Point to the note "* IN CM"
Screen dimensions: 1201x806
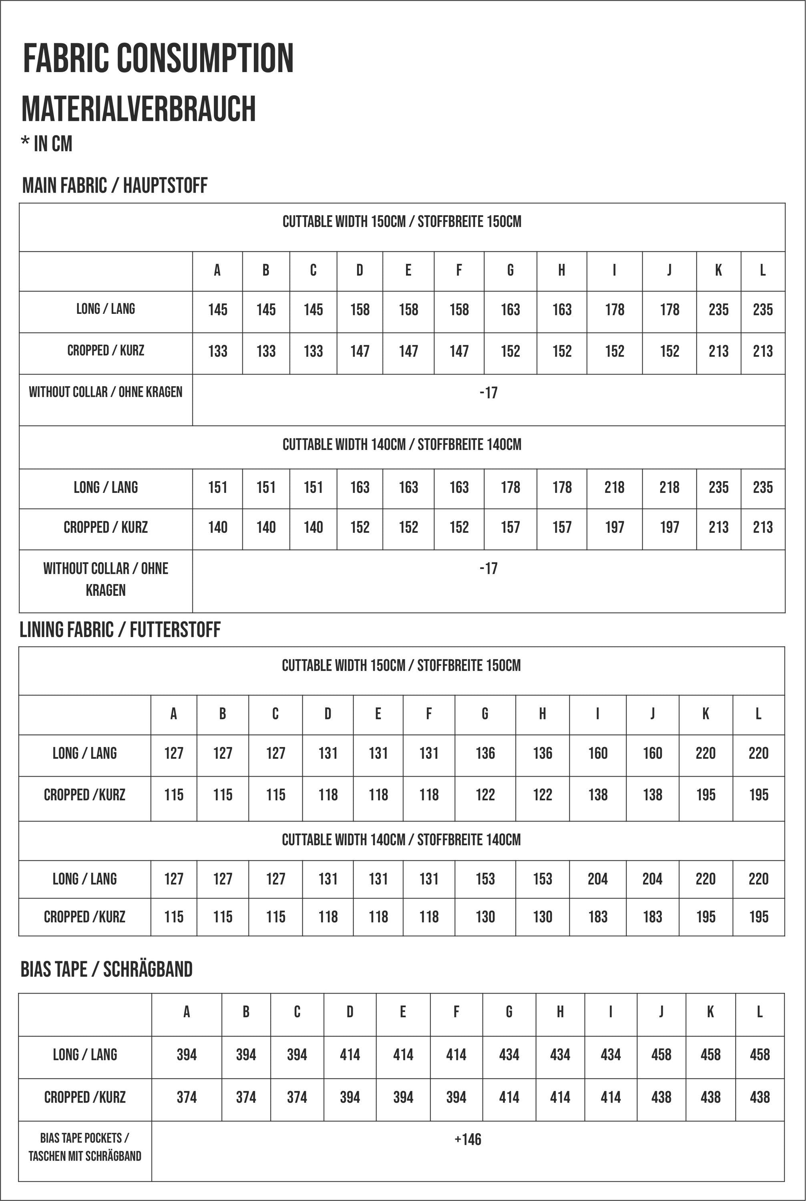coord(47,144)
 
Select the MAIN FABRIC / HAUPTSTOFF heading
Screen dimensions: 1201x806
coord(115,185)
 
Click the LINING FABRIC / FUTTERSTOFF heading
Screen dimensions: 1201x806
coord(120,630)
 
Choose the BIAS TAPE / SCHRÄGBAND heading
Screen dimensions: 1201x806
coord(107,969)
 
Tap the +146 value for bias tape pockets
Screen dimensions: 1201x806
coord(468,1139)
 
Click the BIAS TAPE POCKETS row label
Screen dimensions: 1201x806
coord(85,1147)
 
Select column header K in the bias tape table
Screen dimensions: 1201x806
coord(710,1012)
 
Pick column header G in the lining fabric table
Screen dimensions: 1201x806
coord(485,714)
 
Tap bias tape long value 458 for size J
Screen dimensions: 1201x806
coord(661,1054)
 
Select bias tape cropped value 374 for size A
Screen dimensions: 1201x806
coord(187,1097)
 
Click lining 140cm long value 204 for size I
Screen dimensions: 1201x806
coord(597,879)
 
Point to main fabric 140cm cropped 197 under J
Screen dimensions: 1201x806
coord(669,527)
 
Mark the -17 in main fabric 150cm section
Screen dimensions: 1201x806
coord(488,393)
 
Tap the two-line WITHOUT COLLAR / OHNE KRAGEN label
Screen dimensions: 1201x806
coord(105,579)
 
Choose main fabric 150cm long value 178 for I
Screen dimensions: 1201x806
coord(614,310)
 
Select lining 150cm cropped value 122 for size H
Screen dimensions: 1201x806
coord(542,795)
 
